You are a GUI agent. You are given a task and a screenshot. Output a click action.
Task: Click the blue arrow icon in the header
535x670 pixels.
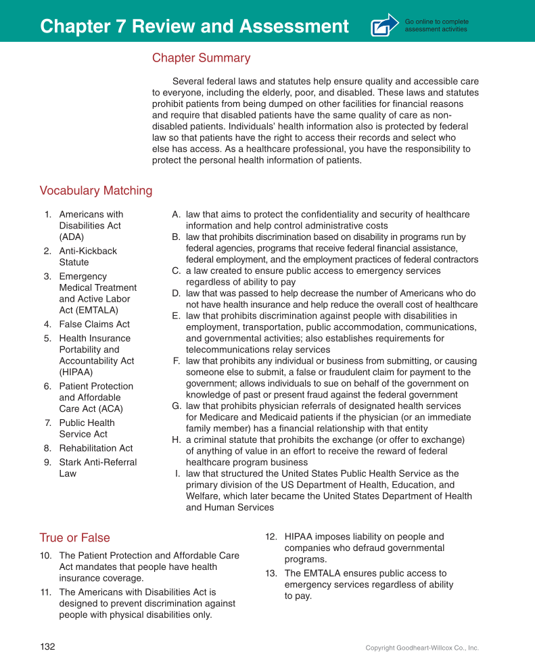tap(384, 26)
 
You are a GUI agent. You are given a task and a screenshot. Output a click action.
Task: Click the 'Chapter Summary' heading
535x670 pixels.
tap(201, 58)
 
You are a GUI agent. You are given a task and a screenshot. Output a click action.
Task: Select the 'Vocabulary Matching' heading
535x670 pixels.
tap(96, 191)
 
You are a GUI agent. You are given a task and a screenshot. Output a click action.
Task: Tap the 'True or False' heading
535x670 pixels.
tap(74, 538)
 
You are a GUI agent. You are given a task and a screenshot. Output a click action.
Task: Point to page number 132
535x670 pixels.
tap(47, 646)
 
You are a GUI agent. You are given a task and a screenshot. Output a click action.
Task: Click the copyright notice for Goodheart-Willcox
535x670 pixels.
tap(421, 648)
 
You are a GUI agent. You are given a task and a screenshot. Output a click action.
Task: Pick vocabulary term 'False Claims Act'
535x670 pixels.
tap(94, 325)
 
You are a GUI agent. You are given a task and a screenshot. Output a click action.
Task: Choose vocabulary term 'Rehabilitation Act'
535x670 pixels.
tap(95, 448)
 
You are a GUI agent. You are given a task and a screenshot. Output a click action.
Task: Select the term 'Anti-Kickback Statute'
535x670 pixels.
tap(88, 256)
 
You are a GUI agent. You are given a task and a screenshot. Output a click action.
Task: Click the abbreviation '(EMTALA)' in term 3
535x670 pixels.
tap(89, 310)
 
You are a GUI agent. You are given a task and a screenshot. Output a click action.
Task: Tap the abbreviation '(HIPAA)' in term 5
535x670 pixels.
tap(76, 372)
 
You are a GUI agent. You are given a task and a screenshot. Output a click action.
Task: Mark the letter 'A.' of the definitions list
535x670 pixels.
tap(176, 214)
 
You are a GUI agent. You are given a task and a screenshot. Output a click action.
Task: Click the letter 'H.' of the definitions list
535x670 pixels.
tap(176, 440)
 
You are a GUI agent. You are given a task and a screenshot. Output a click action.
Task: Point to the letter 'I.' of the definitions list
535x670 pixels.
tap(177, 474)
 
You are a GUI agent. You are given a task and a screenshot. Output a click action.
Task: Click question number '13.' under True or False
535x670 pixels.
tap(271, 573)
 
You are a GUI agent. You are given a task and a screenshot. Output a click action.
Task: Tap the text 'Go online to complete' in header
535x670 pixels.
tap(436, 22)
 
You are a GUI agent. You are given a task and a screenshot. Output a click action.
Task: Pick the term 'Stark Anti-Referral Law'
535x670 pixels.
tap(97, 468)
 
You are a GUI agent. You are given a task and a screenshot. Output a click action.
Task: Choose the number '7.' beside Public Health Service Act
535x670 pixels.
tap(48, 423)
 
